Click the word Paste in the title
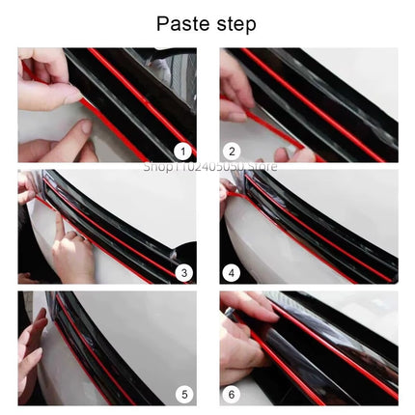(x=180, y=22)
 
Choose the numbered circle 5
(x=181, y=393)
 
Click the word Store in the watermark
(x=262, y=166)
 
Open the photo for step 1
(x=106, y=104)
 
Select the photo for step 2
(x=308, y=104)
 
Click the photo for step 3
(x=106, y=226)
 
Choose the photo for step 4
(x=308, y=226)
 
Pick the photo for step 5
(x=106, y=347)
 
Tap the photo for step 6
(x=308, y=347)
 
